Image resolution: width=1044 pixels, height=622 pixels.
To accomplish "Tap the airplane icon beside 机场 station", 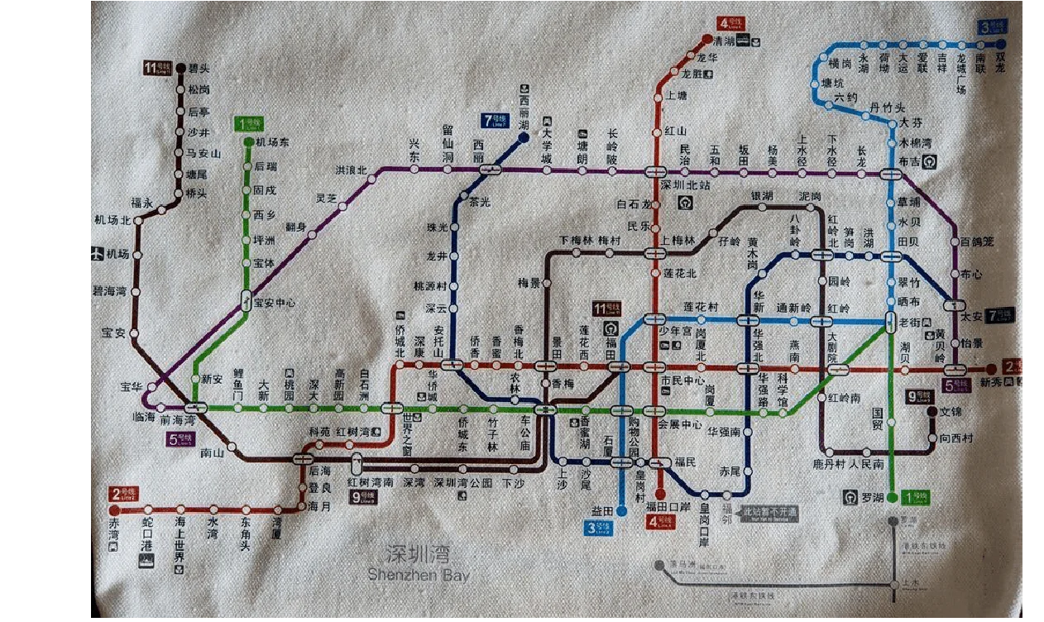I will tap(97, 254).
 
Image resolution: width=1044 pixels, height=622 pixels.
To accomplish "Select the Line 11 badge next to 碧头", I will tap(158, 68).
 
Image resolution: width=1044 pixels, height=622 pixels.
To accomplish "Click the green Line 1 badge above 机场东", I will tap(249, 124).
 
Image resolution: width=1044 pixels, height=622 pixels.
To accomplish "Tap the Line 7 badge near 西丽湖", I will tap(496, 120).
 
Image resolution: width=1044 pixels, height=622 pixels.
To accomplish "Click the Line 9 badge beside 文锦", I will tap(919, 397).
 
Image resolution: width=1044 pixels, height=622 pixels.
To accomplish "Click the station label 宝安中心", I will tap(275, 303).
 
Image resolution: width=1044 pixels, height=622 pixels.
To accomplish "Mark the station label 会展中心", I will tap(680, 424).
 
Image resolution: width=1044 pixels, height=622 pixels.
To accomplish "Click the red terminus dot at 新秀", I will tap(991, 369).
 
